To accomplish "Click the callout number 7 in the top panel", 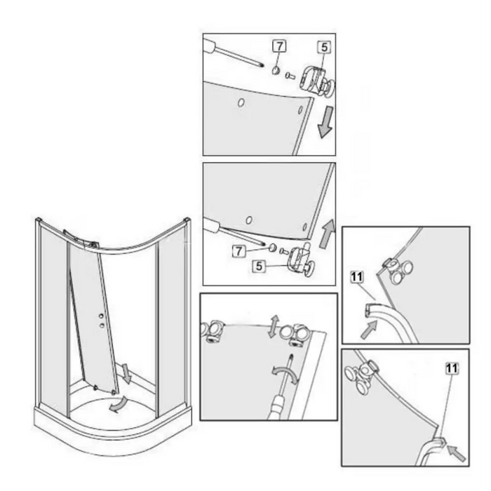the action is tap(279, 46).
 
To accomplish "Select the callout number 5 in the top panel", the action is tap(324, 47).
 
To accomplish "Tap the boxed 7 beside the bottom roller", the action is tap(239, 251).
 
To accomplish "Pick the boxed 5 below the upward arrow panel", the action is tap(259, 267).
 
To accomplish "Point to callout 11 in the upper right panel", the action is tap(356, 277).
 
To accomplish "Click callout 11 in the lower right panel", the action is tap(452, 368).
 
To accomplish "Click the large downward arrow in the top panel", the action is tap(325, 121).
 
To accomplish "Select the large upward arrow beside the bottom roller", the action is tap(327, 234).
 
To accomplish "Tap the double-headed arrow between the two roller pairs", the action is tap(274, 326).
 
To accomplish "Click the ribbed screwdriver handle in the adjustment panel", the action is tap(278, 408).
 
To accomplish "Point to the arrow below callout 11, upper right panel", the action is tap(368, 330).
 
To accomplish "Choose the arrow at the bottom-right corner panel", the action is tap(456, 453).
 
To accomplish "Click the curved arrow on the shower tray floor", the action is tap(119, 404).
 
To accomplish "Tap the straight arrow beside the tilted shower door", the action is tap(126, 373).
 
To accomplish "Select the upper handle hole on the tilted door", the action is tap(101, 316).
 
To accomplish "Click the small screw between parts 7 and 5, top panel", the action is tap(290, 76).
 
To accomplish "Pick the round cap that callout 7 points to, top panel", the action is tap(275, 70).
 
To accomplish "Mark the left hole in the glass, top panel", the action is tap(241, 102).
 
